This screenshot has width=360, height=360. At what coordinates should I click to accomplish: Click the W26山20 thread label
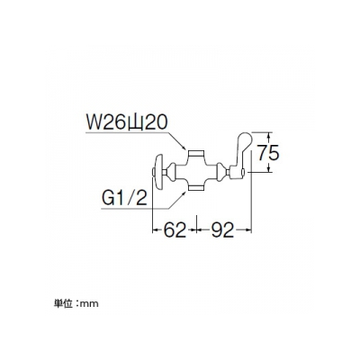(x=126, y=122)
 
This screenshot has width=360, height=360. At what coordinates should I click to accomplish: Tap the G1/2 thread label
(x=125, y=198)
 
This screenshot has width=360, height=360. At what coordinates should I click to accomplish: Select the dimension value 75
(x=268, y=153)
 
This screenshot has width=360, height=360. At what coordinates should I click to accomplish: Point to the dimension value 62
(x=175, y=230)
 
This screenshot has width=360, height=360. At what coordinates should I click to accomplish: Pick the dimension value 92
(x=222, y=230)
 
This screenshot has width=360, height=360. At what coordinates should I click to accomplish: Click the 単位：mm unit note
(x=76, y=304)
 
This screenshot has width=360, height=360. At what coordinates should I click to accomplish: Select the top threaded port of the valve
(x=197, y=155)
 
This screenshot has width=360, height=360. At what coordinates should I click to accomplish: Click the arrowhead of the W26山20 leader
(x=183, y=147)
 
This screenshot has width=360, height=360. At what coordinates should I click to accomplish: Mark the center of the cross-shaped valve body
(x=197, y=172)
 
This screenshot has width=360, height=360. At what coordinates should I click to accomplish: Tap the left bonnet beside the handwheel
(x=170, y=172)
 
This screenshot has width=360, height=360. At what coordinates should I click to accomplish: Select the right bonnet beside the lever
(x=222, y=172)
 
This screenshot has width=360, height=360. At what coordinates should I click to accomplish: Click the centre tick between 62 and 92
(x=196, y=224)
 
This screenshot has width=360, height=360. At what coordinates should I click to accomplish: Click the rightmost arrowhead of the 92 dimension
(x=247, y=230)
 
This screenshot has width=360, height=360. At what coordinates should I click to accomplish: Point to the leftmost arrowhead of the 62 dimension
(x=156, y=230)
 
